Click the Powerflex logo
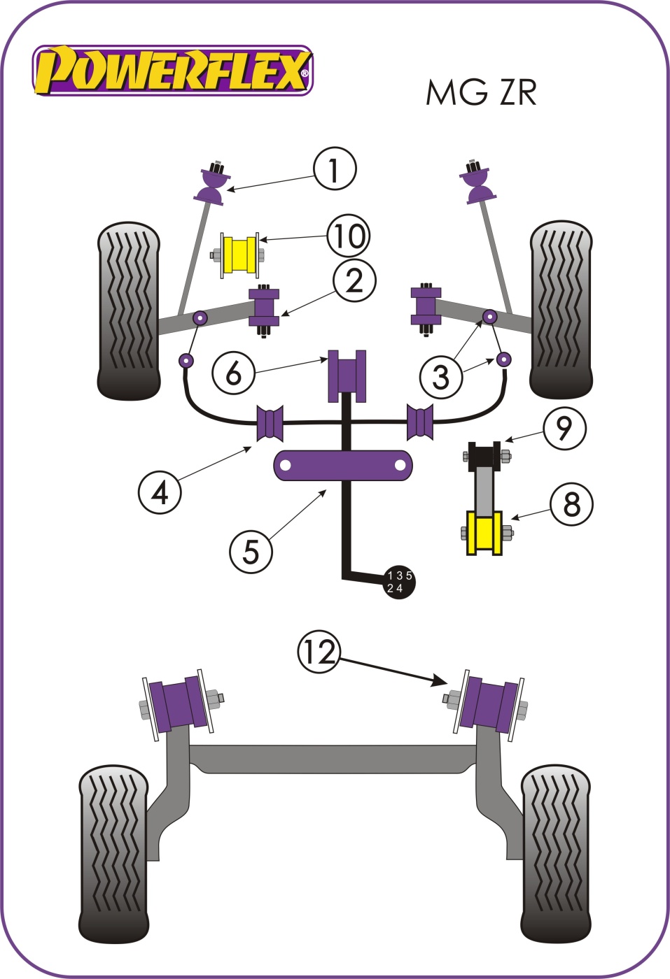click(172, 71)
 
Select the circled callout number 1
click(335, 169)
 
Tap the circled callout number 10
click(349, 236)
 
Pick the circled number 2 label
click(354, 280)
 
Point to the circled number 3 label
click(440, 377)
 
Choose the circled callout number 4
click(160, 493)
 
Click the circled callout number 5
click(251, 551)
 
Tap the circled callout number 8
click(571, 503)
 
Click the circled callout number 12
click(319, 652)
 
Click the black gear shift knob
click(398, 582)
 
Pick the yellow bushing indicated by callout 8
click(484, 534)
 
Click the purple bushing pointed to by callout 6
click(347, 376)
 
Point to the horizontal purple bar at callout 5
click(342, 466)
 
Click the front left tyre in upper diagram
click(128, 310)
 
